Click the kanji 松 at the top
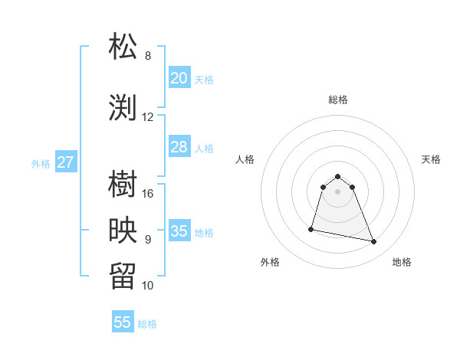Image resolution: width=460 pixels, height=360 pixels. (123, 46)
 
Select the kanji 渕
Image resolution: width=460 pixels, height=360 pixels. (123, 107)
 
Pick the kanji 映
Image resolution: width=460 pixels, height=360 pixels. (123, 231)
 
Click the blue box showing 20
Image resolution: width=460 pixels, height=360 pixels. (179, 78)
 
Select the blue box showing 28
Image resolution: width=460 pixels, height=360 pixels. (179, 147)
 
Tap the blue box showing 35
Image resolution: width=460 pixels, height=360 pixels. (179, 231)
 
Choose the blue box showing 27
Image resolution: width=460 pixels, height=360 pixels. (65, 162)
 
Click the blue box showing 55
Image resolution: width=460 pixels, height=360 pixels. (123, 322)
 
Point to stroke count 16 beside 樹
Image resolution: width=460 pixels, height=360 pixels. (148, 194)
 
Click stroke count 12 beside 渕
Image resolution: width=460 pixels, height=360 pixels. (148, 117)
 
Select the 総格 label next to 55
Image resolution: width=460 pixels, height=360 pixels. (147, 324)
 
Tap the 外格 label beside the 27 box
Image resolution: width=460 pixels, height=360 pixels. (41, 164)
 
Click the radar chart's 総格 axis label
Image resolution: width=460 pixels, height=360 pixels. (337, 100)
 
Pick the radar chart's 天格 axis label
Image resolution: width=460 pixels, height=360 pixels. (431, 159)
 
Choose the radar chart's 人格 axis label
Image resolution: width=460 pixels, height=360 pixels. (245, 159)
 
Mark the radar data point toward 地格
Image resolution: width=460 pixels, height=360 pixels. (374, 242)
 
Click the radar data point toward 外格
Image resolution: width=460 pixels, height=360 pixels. (311, 228)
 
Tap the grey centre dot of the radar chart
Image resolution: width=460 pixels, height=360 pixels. (337, 191)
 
